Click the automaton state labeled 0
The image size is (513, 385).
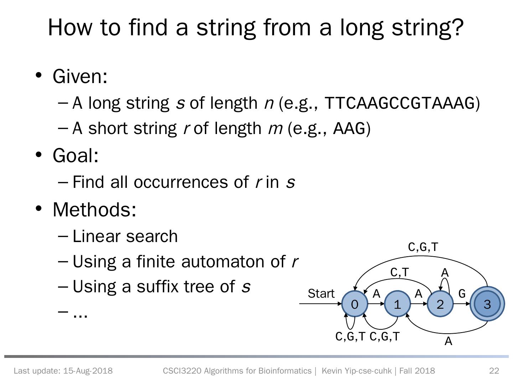[x=354, y=304]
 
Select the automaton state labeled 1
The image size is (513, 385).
[x=397, y=304]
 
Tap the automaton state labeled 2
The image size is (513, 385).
[x=440, y=304]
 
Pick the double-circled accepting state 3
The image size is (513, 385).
[x=487, y=304]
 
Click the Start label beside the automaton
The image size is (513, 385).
[x=321, y=294]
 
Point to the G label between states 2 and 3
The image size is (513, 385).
[x=462, y=294]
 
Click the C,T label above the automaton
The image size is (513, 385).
[x=399, y=272]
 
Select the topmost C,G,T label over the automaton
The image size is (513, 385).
[x=423, y=247]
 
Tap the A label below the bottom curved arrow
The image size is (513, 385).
[x=448, y=342]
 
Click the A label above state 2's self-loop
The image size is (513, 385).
[x=445, y=273]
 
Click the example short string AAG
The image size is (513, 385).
[x=349, y=128]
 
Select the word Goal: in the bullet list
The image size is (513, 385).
[x=76, y=155]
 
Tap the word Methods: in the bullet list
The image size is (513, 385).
[x=94, y=209]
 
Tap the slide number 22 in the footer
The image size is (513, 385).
[x=494, y=371]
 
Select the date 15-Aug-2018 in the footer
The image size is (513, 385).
[x=88, y=371]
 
